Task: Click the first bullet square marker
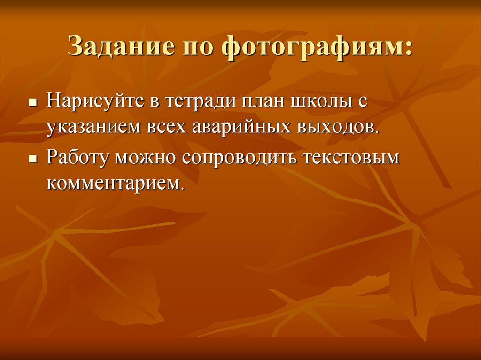click(32, 102)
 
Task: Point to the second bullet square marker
click(32, 160)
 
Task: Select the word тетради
click(201, 101)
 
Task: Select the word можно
click(148, 158)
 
